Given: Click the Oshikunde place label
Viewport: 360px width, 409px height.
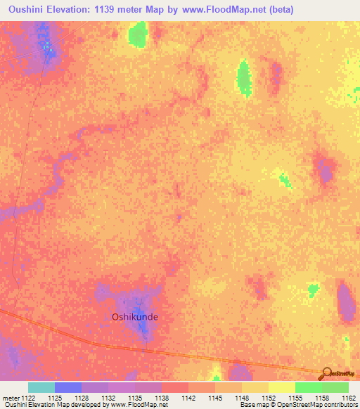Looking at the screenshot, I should click(135, 317).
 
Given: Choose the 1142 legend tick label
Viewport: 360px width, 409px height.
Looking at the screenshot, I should click(188, 398).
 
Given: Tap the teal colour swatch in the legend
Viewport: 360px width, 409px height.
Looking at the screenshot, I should click(41, 387).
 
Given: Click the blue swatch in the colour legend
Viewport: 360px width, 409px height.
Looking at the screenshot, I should click(68, 387).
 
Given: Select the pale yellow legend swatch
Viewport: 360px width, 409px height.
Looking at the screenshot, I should click(282, 387).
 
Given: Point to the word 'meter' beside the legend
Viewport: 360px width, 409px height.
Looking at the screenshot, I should click(10, 398).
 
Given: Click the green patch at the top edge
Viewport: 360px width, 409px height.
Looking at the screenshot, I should click(138, 33).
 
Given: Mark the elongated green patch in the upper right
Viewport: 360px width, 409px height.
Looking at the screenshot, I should click(244, 77).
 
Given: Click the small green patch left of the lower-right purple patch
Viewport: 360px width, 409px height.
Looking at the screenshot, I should click(313, 289).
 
